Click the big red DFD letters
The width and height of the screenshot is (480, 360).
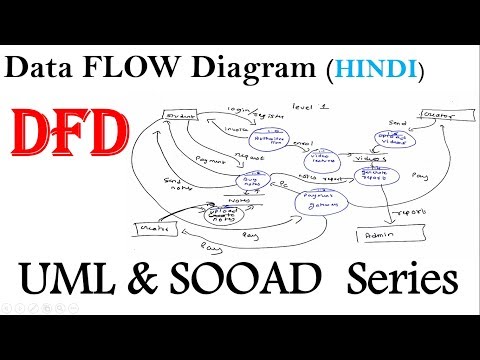[x=62, y=130]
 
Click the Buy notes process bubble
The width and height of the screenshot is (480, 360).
[x=253, y=180]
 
